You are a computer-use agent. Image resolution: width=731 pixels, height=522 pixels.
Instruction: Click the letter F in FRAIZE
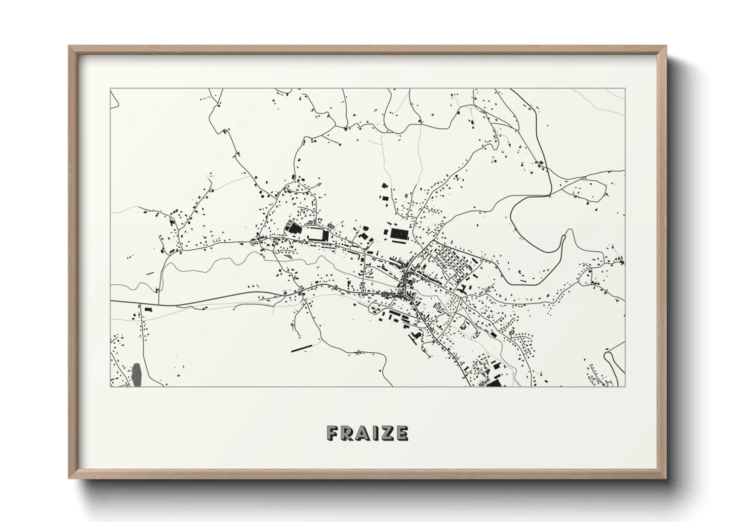tap(332, 433)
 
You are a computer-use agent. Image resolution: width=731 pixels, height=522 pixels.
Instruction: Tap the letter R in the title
tap(347, 433)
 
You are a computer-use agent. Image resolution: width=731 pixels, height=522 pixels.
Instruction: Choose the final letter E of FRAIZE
tap(402, 433)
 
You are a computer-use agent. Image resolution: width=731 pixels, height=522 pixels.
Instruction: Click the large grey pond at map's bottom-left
tap(136, 375)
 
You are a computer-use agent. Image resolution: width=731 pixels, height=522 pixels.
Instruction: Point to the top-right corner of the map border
tap(625, 89)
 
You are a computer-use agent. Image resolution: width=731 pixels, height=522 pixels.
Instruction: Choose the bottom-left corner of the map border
tap(110, 386)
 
